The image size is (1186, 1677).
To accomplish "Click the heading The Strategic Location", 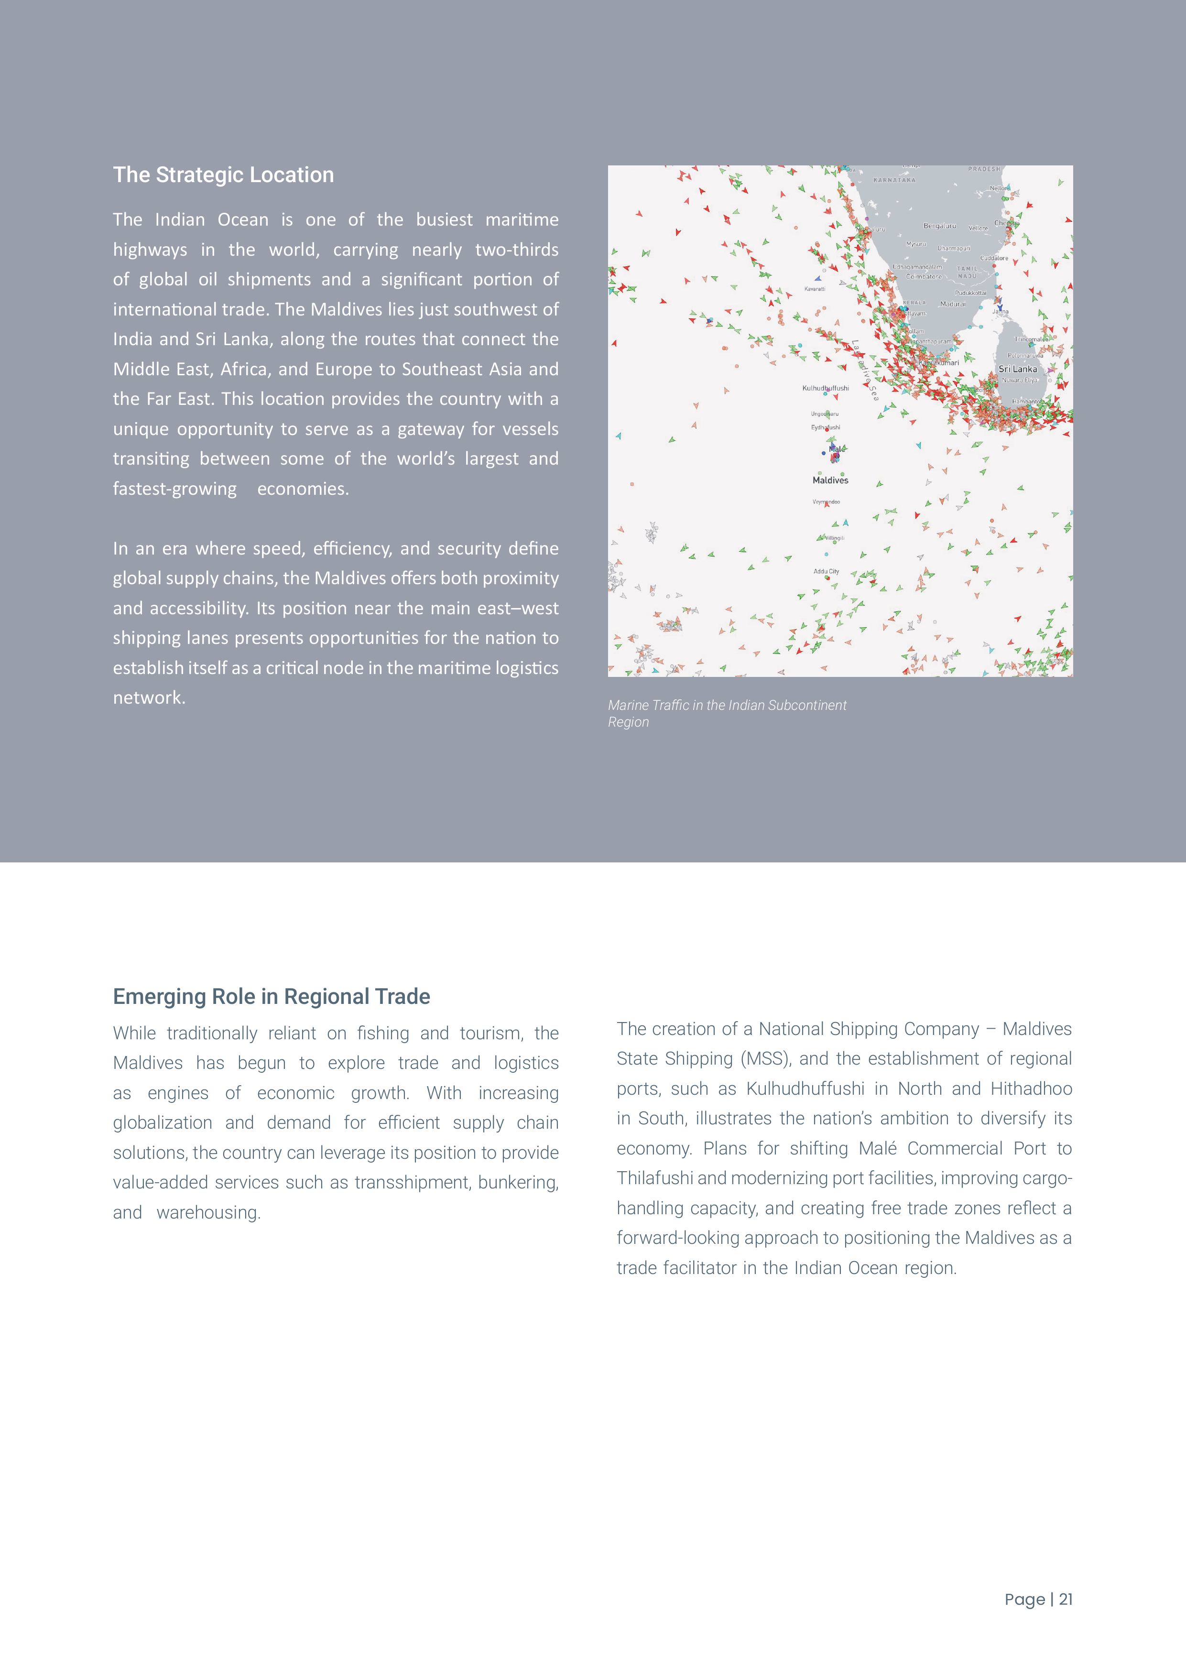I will point(223,175).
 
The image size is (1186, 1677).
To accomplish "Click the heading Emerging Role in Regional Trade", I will point(271,997).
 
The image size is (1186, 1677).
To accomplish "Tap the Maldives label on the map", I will point(830,480).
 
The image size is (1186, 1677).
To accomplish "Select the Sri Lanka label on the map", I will point(1017,370).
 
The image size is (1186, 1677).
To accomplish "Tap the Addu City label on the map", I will point(827,572).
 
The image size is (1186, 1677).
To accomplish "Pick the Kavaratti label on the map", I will point(815,289).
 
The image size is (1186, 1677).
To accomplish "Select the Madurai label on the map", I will point(952,305).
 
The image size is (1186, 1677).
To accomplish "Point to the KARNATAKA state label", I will point(894,180).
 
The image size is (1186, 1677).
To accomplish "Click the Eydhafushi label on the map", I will point(825,427).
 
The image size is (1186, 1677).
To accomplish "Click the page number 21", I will point(1066,1600).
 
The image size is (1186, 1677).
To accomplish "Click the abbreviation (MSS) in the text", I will point(766,1059).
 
